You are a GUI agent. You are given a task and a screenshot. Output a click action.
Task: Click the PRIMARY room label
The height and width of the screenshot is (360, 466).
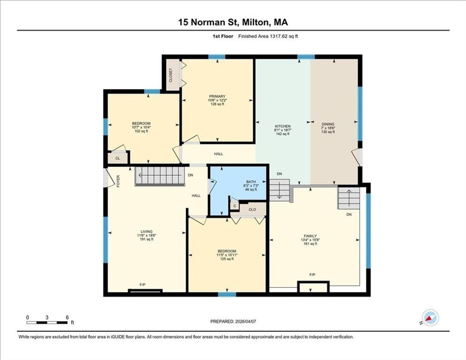point(217,96)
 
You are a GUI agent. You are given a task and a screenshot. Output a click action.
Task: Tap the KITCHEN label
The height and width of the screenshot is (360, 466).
point(282,127)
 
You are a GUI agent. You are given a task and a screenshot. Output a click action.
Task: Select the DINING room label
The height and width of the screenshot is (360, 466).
point(328,124)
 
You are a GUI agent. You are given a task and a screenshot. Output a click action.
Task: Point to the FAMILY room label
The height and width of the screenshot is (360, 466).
point(310,236)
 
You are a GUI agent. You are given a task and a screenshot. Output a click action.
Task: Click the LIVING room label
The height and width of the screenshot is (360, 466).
point(147,232)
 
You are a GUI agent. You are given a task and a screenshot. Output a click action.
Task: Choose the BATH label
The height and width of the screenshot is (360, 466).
point(251,182)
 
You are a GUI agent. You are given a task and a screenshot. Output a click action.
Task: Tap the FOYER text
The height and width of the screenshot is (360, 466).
point(118,181)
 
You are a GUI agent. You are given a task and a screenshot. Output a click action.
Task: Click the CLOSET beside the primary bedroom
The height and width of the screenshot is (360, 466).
point(171,75)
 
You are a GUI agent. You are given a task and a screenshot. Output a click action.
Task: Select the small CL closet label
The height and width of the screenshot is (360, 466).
point(118,158)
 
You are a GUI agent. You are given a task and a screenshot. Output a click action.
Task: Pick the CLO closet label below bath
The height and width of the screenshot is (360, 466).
point(252,209)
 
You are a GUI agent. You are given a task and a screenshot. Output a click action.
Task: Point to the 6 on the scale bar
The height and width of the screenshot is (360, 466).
point(67,317)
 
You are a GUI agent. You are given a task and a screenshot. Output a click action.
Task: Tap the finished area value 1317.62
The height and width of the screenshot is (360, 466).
point(278,36)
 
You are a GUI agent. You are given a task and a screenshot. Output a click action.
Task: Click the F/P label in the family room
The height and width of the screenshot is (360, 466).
point(312,275)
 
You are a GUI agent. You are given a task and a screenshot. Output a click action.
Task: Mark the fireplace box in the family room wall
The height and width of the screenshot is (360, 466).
point(313,287)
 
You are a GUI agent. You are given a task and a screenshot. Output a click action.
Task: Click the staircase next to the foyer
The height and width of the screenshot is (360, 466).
point(160,176)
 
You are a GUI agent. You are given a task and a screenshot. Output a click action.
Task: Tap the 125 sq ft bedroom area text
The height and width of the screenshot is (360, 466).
point(227,259)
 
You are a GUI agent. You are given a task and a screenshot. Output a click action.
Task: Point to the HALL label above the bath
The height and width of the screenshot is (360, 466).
point(218,154)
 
